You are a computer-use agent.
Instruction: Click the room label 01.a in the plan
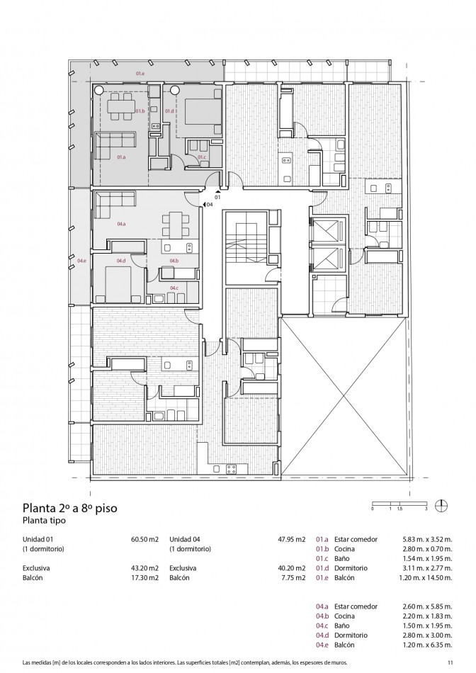pyautogui.click(x=121, y=157)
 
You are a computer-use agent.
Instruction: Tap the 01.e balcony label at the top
pyautogui.click(x=140, y=74)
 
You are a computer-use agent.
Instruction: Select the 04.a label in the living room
pyautogui.click(x=121, y=224)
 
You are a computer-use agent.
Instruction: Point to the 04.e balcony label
pyautogui.click(x=81, y=261)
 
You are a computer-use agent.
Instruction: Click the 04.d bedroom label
pyautogui.click(x=121, y=261)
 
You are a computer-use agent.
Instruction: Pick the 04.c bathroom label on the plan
pyautogui.click(x=174, y=288)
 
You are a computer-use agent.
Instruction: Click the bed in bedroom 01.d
pyautogui.click(x=199, y=111)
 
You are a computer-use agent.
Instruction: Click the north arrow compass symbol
pyautogui.click(x=441, y=506)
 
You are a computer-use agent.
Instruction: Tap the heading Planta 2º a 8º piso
pyautogui.click(x=70, y=508)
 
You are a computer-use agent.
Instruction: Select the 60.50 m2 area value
pyautogui.click(x=144, y=540)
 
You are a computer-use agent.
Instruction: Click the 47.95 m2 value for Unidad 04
pyautogui.click(x=291, y=540)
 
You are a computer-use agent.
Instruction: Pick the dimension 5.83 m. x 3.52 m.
pyautogui.click(x=427, y=540)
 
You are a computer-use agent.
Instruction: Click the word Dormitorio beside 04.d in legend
pyautogui.click(x=351, y=635)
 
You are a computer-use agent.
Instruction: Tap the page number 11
pyautogui.click(x=450, y=662)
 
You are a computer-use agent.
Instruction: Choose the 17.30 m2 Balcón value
pyautogui.click(x=144, y=577)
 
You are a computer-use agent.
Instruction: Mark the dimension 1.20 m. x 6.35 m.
pyautogui.click(x=427, y=645)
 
